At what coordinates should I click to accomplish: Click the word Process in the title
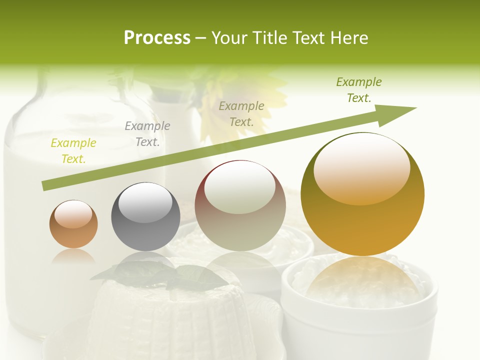157,38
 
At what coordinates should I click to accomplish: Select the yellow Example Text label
73,151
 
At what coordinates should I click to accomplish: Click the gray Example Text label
147,134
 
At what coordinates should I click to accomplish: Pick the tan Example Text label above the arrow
241,114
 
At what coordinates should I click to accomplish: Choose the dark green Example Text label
358,90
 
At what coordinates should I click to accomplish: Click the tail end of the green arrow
46,185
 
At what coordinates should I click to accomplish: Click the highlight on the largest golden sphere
361,167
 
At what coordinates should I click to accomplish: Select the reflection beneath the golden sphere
362,282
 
